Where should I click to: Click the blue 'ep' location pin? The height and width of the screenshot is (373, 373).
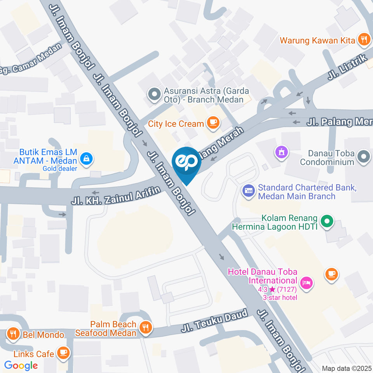coord(186,164)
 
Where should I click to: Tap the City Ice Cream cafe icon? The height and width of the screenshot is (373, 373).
coord(213,123)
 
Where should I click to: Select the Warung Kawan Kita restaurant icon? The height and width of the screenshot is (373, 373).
coord(364,39)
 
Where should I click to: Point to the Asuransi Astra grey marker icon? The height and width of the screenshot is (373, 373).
coord(155,94)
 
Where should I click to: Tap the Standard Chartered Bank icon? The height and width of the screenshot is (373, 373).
coord(248,191)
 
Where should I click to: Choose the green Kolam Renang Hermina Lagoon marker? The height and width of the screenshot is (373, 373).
coord(327,222)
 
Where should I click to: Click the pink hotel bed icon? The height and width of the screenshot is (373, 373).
coord(307,283)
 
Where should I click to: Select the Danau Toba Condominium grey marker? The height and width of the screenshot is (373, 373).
coord(364,157)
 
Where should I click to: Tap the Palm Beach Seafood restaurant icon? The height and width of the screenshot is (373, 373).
coord(146,328)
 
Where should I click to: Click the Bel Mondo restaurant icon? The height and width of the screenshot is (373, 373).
coord(13,334)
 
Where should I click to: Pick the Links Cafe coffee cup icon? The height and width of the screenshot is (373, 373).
coord(62,353)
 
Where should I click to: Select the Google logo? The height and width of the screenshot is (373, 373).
coord(21,365)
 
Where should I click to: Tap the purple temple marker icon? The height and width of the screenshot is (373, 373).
coord(281,151)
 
